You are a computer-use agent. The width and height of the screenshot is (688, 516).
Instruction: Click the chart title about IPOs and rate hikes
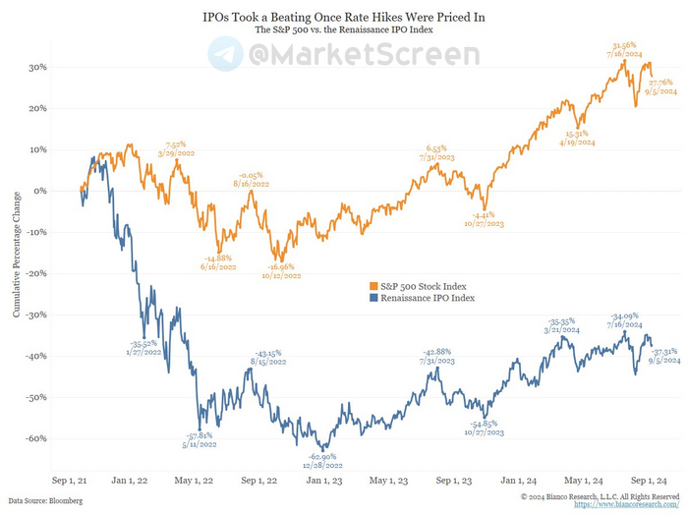343,18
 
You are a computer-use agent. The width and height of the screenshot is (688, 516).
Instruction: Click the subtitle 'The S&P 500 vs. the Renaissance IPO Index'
343,30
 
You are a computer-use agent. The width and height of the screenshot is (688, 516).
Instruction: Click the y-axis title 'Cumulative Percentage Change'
17,252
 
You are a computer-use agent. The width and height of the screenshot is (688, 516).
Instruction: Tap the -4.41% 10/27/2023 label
484,219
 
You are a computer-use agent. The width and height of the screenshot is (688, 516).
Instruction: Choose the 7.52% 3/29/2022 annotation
179,148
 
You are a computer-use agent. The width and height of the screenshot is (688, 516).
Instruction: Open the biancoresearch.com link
625,504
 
